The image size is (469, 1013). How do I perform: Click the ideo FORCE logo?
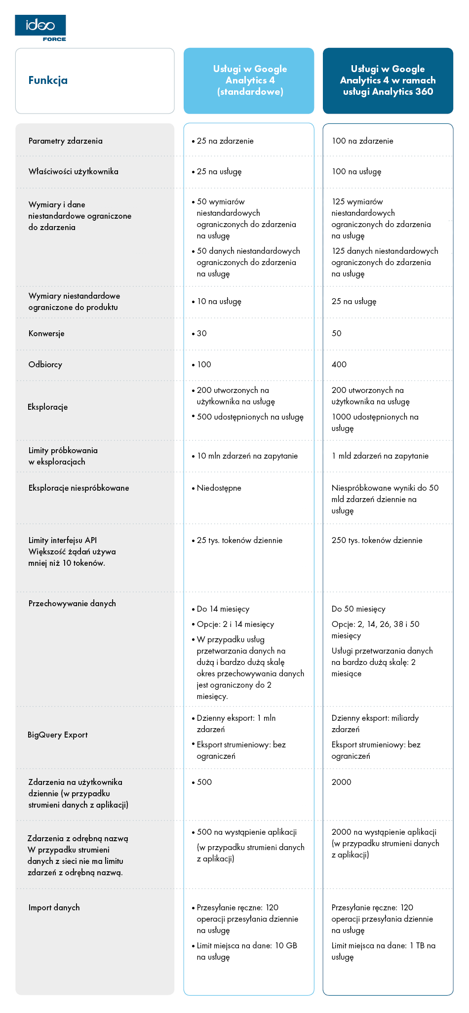click(40, 28)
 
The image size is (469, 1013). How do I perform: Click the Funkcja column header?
click(48, 80)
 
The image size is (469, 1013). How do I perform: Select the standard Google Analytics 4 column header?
click(249, 80)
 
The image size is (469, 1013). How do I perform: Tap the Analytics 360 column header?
click(388, 80)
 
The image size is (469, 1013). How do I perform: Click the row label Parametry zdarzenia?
click(66, 141)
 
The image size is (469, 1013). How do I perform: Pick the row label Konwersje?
click(46, 334)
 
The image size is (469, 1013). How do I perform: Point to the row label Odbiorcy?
click(45, 365)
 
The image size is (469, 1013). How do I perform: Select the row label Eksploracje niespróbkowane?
click(78, 488)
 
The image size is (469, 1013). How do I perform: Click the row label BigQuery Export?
click(58, 735)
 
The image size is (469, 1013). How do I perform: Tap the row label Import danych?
click(54, 908)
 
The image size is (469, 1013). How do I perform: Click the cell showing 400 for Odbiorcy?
click(339, 365)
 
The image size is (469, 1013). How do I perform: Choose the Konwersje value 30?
click(201, 334)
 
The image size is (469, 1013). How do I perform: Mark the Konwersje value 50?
click(337, 334)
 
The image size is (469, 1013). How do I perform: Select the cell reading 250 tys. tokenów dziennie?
click(377, 541)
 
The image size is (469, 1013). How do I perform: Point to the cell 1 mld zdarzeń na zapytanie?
click(380, 456)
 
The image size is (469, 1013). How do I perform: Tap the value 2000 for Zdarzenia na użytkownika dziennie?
click(342, 782)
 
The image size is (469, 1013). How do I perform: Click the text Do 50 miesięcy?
click(358, 609)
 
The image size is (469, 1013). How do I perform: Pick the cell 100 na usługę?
click(356, 172)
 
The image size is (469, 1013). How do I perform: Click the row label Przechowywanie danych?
click(72, 604)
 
